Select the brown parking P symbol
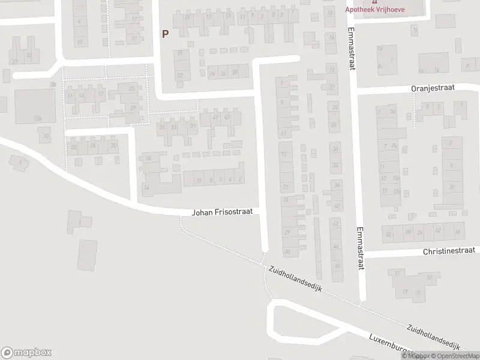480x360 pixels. [x=164, y=34]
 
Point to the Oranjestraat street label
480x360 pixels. [x=433, y=87]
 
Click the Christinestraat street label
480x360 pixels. [x=448, y=251]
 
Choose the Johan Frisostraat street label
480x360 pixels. [x=225, y=212]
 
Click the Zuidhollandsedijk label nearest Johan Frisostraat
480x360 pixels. [x=296, y=280]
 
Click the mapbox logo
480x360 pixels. [x=26, y=353]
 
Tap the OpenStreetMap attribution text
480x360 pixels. [x=453, y=356]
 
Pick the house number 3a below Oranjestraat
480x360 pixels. [x=392, y=112]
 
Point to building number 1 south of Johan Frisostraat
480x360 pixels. [x=79, y=223]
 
